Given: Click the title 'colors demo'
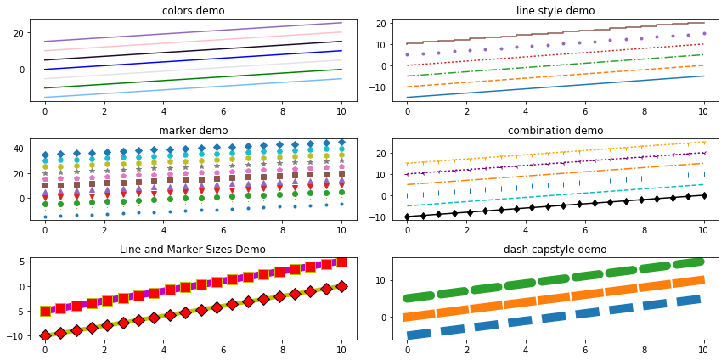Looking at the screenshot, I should point(193,11).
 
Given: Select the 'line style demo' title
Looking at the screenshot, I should point(555,11).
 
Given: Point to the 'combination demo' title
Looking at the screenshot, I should point(555,130).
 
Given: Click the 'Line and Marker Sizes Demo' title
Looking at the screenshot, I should point(193,250).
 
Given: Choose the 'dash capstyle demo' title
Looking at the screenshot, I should point(555,250).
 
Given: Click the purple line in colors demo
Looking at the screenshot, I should point(193,32).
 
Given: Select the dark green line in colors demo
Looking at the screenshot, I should point(193,79).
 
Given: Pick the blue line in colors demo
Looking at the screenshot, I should point(193,60).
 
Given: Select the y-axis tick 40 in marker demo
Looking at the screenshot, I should point(23,148).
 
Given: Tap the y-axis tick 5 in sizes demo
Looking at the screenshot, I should point(25,262).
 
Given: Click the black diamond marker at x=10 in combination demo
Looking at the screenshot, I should point(703,195).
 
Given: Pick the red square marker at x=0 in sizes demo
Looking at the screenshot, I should point(45,311).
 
